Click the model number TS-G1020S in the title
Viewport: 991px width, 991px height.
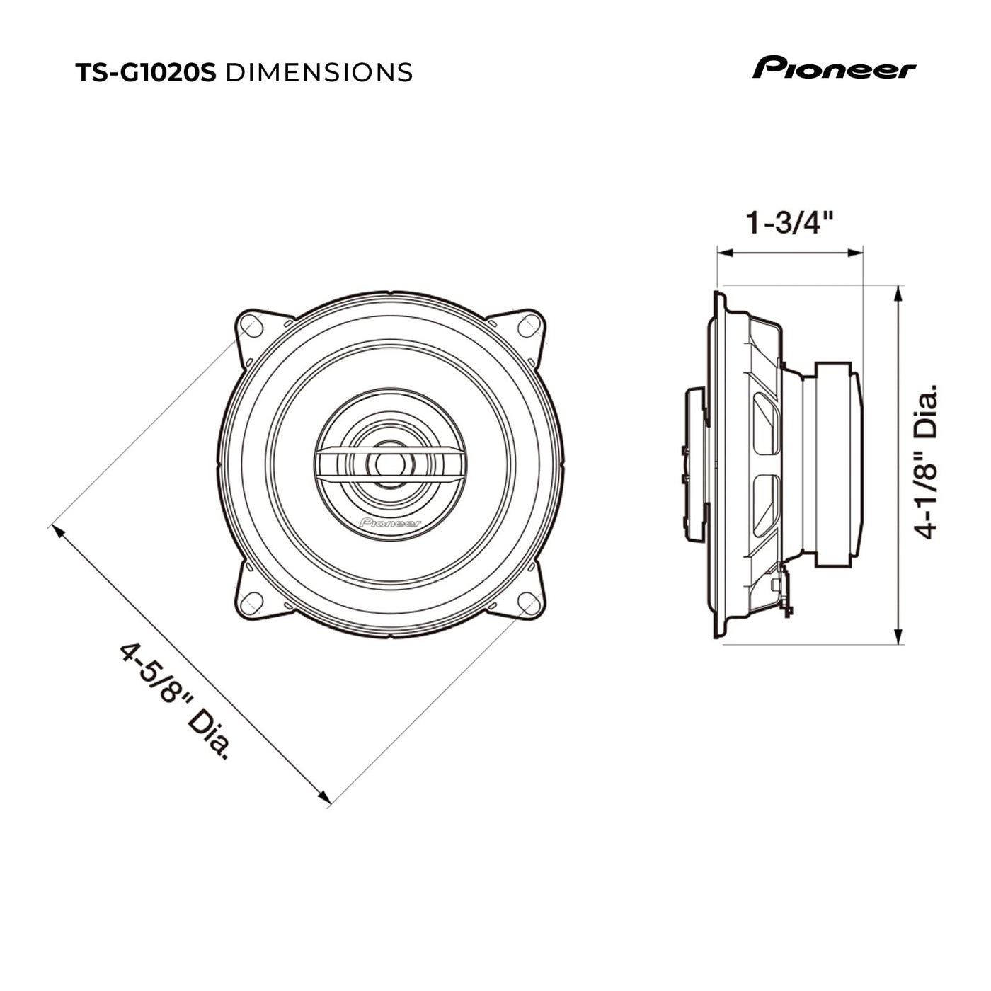145,72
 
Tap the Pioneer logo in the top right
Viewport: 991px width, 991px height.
834,69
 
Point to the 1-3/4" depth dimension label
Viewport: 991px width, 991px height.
788,224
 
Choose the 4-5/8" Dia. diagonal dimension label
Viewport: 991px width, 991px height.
174,701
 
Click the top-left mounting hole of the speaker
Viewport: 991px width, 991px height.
251,327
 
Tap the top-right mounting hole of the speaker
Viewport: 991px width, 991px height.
528,326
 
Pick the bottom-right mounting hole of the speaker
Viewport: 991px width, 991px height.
529,603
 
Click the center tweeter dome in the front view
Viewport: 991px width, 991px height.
389,464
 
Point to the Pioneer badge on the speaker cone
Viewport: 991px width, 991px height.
390,523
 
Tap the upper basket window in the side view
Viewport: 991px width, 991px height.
766,423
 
